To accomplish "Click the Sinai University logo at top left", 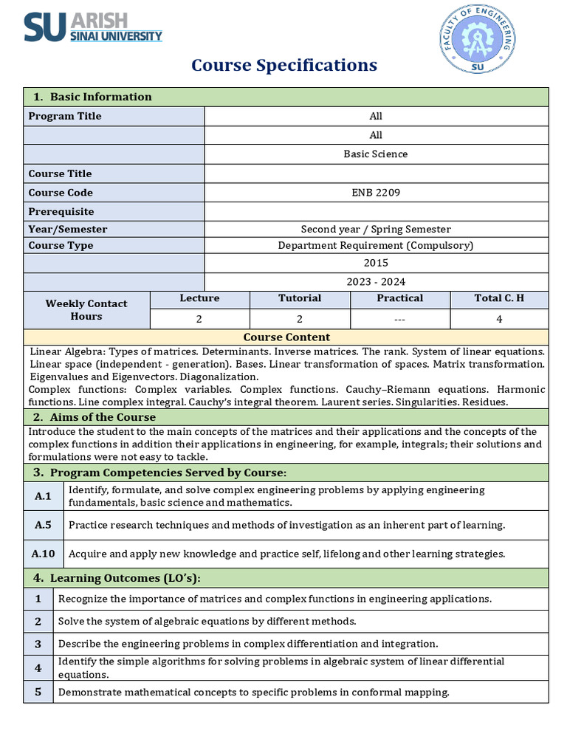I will pos(93,27).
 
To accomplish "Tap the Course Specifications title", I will pos(284,65).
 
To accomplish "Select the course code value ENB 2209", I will pos(376,193).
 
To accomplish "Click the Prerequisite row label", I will pos(61,212).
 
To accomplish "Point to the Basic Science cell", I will pos(376,154).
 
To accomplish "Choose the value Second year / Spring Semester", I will pos(376,229).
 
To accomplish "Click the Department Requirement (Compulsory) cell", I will pos(376,245).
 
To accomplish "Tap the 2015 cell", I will pos(376,263).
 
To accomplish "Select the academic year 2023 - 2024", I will pos(376,282).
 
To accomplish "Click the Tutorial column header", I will pos(300,298).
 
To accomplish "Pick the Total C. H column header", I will pos(499,298).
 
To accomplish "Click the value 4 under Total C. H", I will pos(499,319).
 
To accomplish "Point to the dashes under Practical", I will pos(399,319).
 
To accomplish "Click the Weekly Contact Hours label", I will pos(86,310).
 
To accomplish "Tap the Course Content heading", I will pos(286,337).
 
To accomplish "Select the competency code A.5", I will pos(43,525).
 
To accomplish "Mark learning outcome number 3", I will pos(38,644).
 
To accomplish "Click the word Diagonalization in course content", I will pos(217,377).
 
